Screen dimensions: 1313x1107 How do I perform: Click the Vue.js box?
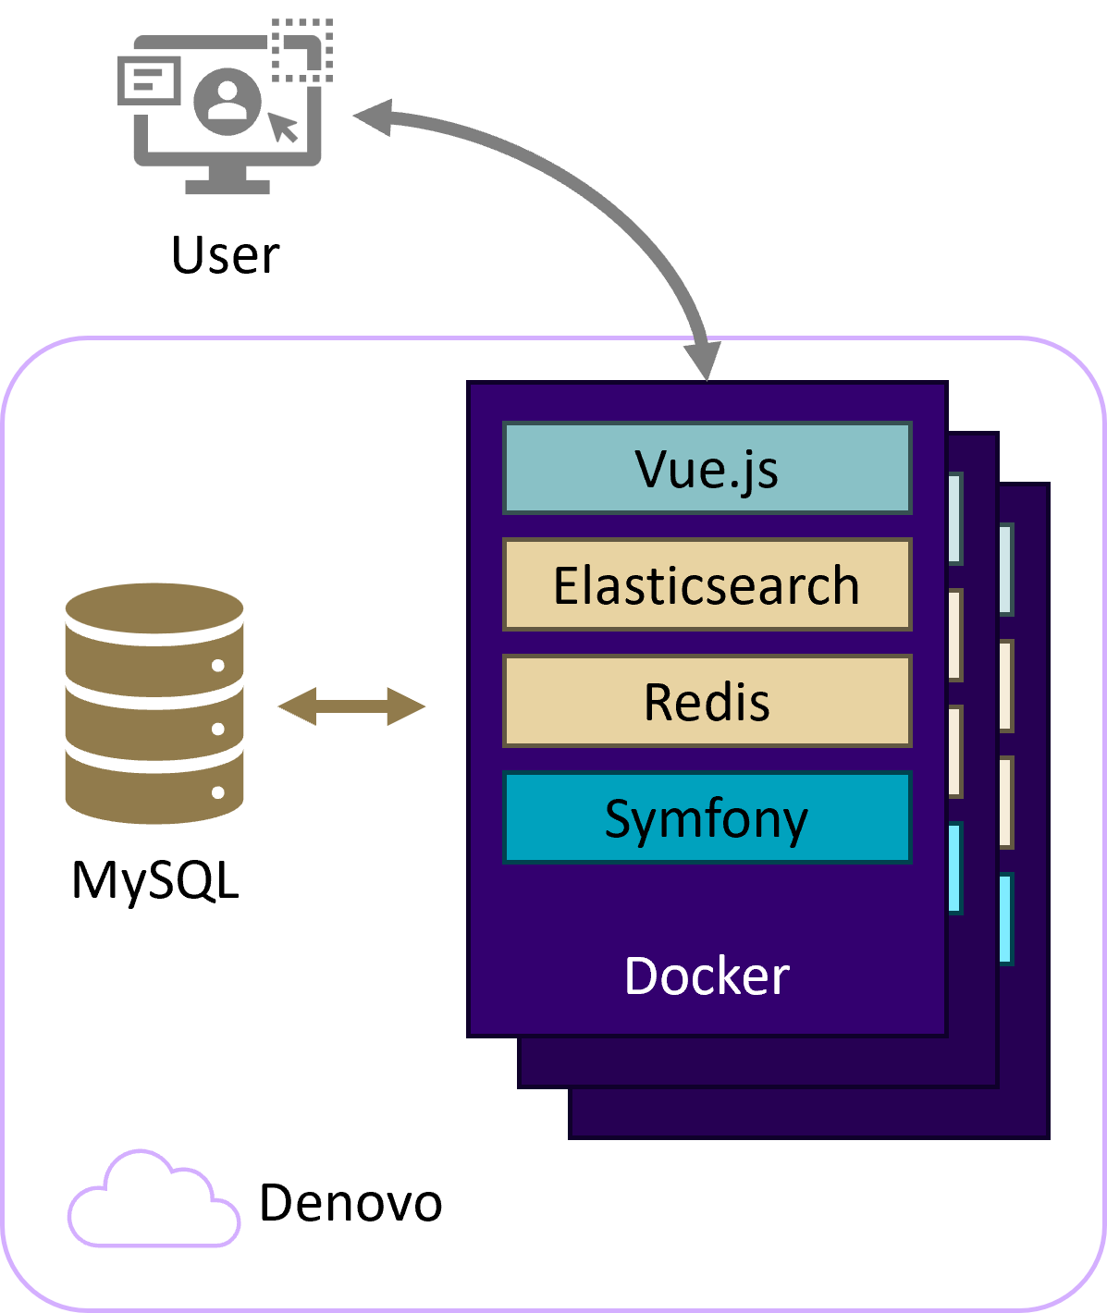[x=707, y=468]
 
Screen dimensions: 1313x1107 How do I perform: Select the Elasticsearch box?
[x=707, y=584]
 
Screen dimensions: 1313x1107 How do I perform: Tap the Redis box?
[x=707, y=701]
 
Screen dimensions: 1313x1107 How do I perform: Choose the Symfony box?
[x=707, y=818]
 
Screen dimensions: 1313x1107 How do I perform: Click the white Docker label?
[x=707, y=976]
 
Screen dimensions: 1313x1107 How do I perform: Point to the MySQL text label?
[x=155, y=880]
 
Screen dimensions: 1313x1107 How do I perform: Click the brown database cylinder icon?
[x=154, y=703]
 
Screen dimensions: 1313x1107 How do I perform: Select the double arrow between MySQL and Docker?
[x=351, y=706]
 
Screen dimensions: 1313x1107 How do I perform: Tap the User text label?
[x=225, y=255]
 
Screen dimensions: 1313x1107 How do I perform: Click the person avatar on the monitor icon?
[x=228, y=101]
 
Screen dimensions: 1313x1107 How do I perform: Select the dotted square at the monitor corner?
[x=301, y=50]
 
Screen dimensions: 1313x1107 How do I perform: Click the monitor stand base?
[x=228, y=186]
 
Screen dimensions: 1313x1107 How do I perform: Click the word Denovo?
[x=351, y=1203]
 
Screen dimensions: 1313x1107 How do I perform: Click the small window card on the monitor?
[x=149, y=80]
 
